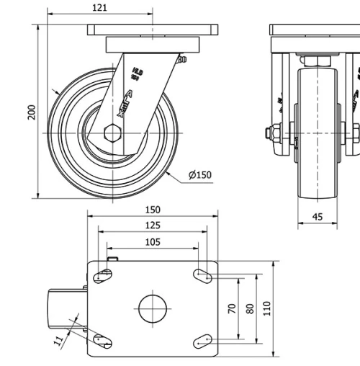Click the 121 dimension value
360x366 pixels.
pos(100,7)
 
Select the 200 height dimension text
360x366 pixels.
pos(32,111)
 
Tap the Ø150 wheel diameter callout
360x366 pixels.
pos(199,175)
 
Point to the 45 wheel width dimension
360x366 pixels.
pos(318,216)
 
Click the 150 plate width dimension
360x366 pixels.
pos(152,210)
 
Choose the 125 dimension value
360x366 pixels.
pos(152,226)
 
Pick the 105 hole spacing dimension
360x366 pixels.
pos(152,242)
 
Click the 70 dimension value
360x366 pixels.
pos(232,308)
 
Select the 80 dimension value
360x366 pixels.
pos(250,308)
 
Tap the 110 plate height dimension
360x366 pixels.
pos(267,308)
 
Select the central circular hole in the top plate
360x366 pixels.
pos(152,309)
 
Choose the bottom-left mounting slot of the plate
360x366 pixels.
pos(102,341)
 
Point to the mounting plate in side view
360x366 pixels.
pos(152,30)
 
